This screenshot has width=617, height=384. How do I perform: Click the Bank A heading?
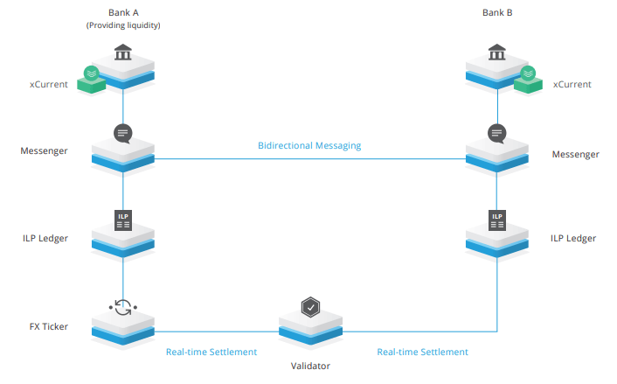[122, 12]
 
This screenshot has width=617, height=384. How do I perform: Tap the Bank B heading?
[496, 12]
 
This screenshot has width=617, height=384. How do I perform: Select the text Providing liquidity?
[122, 25]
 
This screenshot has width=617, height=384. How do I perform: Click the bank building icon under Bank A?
[122, 52]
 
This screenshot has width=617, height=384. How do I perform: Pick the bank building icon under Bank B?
[496, 52]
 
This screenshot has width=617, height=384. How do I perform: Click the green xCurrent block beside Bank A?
[90, 79]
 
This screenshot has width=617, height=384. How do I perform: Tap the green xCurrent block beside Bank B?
[529, 79]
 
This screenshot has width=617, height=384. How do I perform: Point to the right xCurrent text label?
[572, 84]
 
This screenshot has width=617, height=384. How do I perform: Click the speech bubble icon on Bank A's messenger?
[122, 134]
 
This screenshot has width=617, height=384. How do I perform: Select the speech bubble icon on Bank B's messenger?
[496, 134]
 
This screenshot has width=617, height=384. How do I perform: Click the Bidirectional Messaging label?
[309, 145]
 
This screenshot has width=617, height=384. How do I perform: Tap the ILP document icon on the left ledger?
[122, 220]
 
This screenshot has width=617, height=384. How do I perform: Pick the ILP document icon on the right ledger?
[496, 220]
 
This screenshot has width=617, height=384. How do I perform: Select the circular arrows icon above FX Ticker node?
[122, 308]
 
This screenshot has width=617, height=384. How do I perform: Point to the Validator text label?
[309, 366]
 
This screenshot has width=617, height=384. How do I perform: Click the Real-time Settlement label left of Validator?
[211, 352]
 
